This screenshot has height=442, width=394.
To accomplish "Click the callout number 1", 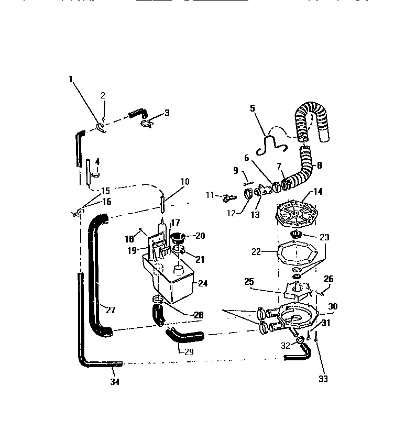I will point(71,79).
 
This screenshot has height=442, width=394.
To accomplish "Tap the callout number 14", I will point(318,192).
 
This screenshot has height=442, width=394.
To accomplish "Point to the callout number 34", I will point(115,382).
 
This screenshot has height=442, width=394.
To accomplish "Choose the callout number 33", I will point(323,379).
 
